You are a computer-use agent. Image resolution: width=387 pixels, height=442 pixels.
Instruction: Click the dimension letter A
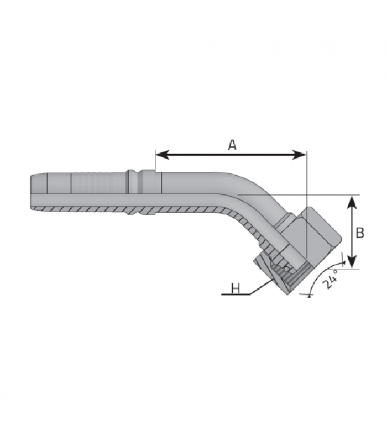232,145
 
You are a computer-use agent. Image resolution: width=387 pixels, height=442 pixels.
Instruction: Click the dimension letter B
360,233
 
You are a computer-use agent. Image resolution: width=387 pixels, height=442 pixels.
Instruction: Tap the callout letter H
236,288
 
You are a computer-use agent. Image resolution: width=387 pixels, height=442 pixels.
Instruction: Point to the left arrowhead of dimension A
163,155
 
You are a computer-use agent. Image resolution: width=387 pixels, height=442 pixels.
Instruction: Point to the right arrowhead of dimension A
299,155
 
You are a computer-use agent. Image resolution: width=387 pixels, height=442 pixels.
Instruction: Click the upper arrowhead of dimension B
352,202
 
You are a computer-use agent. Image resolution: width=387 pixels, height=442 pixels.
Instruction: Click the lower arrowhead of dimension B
352,261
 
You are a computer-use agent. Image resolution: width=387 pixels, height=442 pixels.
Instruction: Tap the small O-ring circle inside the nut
287,269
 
